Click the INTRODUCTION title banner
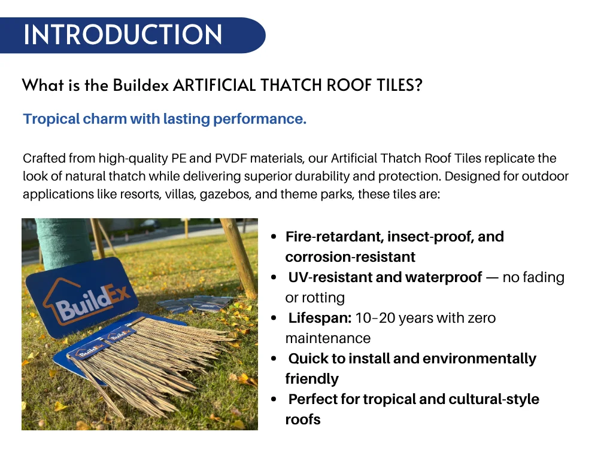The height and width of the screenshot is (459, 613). point(123,35)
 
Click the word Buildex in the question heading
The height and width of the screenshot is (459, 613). point(140,85)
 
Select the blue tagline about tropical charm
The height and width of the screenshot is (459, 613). point(165,119)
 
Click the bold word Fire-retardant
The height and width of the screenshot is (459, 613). point(335,237)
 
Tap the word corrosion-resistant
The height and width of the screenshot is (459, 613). point(350,257)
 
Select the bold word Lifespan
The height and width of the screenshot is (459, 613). point(320,318)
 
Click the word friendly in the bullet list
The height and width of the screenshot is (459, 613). point(312,379)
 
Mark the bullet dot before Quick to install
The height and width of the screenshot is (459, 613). point(274,359)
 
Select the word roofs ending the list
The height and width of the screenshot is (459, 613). point(303,420)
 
